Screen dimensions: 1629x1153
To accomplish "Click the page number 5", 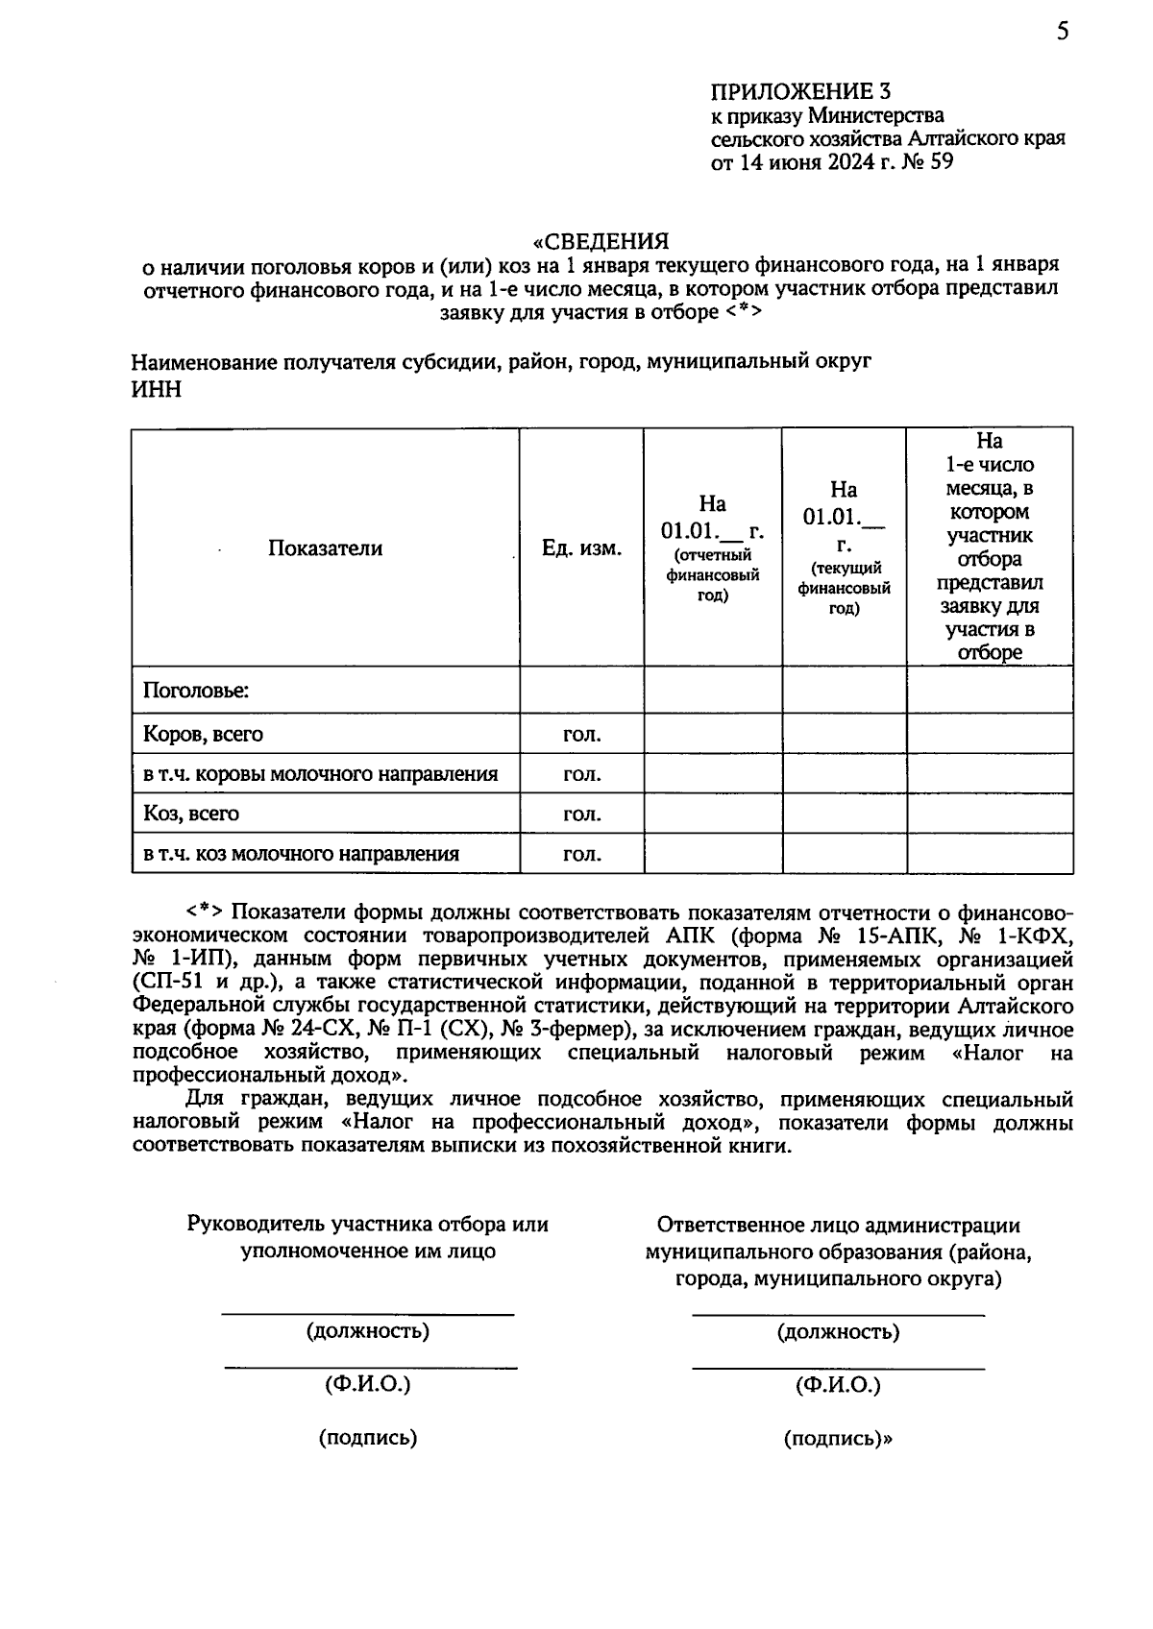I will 1062,32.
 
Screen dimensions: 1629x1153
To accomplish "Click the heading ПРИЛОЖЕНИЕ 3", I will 800,92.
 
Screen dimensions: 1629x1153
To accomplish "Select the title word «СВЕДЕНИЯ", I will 601,240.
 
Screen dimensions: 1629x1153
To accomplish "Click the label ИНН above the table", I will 156,389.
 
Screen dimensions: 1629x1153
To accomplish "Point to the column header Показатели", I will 325,548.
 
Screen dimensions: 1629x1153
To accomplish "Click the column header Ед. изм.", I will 581,548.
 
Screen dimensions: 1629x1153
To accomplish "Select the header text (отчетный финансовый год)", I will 712,575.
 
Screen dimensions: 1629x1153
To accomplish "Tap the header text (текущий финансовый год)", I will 844,588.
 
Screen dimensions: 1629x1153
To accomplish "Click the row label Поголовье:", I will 196,691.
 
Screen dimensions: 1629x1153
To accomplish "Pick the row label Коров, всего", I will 203,734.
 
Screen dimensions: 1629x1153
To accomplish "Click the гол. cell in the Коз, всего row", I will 581,814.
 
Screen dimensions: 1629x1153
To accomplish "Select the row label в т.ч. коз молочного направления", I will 301,854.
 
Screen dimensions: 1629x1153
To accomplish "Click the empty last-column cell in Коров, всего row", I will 990,734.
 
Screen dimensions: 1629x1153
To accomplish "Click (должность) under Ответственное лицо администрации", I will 838,1332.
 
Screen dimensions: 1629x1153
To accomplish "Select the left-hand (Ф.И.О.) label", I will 367,1384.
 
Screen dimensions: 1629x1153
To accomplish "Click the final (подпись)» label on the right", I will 838,1438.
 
